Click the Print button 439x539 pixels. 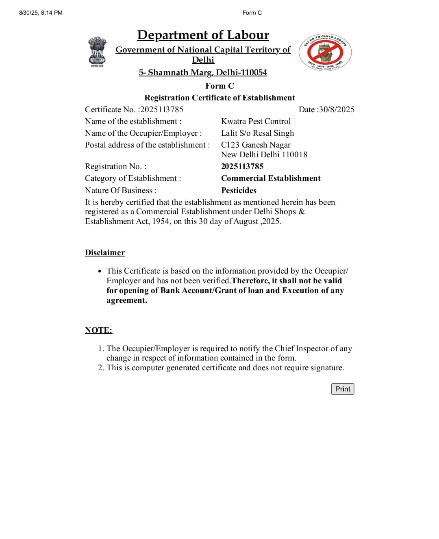click(343, 389)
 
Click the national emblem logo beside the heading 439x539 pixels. click(97, 52)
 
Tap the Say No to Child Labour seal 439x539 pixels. click(325, 52)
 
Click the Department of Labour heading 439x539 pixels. click(203, 35)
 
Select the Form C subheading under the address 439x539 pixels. click(219, 86)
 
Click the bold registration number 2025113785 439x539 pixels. click(242, 166)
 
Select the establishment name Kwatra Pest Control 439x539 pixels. click(256, 121)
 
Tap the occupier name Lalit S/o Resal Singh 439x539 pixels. click(257, 133)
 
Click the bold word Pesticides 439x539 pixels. click(239, 190)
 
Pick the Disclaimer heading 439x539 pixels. click(105, 252)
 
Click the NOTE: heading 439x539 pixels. click(98, 330)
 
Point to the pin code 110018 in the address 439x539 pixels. click(295, 154)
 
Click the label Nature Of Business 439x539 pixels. click(120, 190)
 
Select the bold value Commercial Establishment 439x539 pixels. click(271, 178)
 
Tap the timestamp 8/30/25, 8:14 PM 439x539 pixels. click(41, 13)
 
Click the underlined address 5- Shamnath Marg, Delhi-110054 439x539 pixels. click(203, 72)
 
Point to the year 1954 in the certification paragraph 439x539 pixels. click(161, 221)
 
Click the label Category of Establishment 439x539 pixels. click(133, 178)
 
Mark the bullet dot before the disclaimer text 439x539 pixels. click(100, 271)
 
